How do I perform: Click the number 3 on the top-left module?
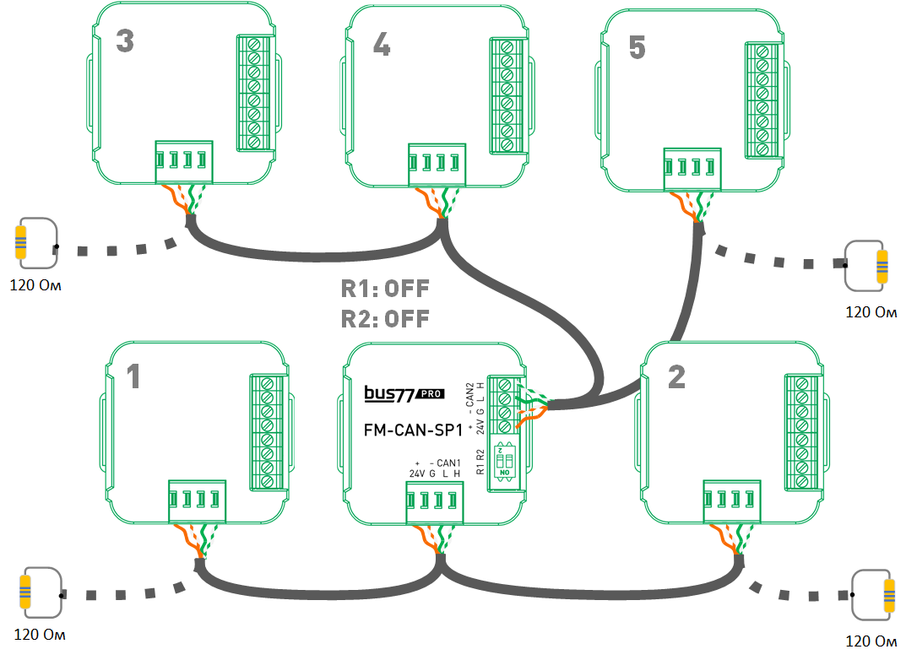(x=124, y=41)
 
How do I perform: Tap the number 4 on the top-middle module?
(x=382, y=45)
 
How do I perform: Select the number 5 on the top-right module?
(x=637, y=49)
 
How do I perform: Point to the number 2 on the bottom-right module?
(x=676, y=378)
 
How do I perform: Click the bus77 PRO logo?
(x=404, y=392)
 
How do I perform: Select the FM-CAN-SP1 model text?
(x=413, y=430)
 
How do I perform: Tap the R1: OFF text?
(x=385, y=289)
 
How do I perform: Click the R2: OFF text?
(x=385, y=319)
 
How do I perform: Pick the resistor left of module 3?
(x=21, y=241)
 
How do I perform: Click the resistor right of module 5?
(x=882, y=266)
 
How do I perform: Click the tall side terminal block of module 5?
(x=761, y=100)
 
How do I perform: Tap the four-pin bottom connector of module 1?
(x=198, y=500)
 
